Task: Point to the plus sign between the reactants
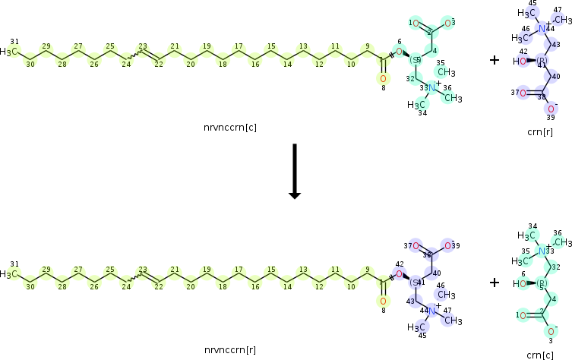(495, 59)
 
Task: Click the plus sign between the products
(495, 282)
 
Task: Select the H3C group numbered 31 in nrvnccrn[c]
(10, 52)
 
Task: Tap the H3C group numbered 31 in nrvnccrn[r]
(10, 274)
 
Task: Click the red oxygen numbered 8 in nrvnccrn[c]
(382, 78)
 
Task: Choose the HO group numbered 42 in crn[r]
(522, 62)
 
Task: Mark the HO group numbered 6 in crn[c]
(522, 284)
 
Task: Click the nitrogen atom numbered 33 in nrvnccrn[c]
(431, 88)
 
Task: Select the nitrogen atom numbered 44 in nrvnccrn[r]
(431, 311)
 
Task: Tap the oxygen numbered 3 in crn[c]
(551, 331)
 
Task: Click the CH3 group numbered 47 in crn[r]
(561, 19)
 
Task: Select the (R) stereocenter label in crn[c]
(542, 283)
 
